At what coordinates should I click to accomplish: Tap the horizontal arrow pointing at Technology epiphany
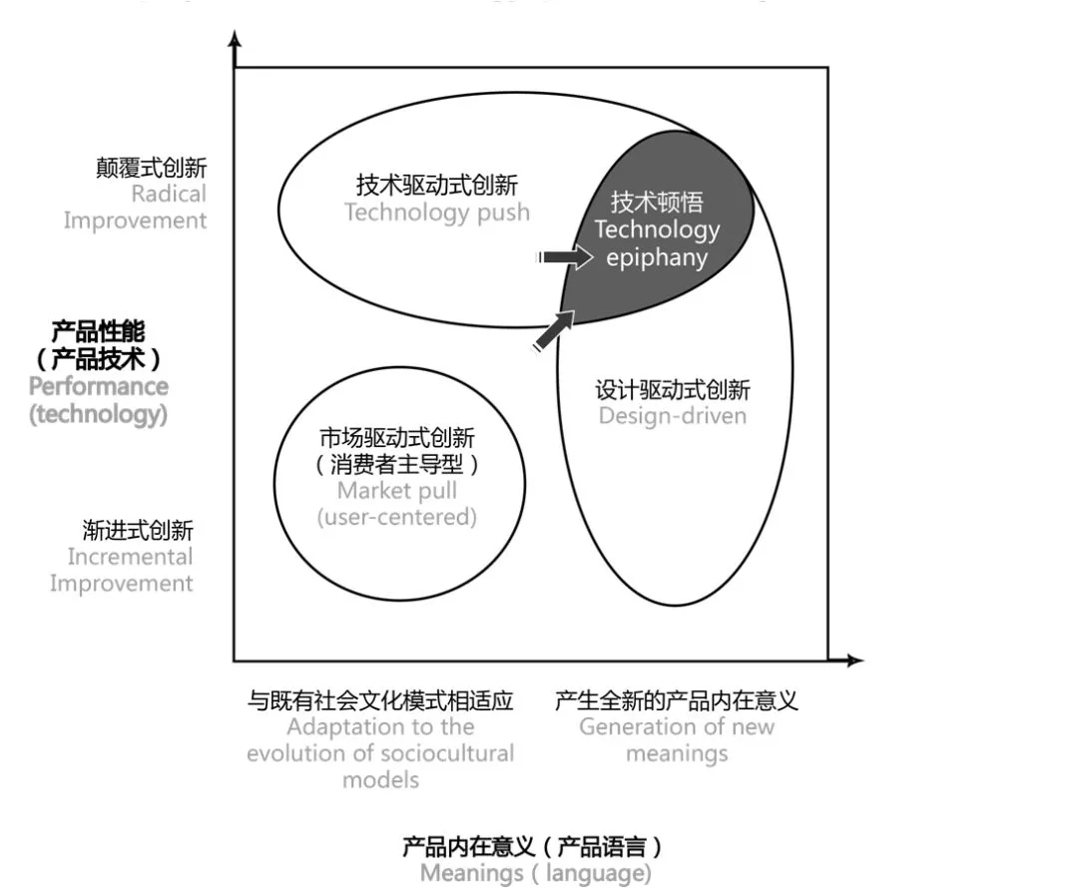pos(565,257)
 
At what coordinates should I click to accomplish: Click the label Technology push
pos(437,213)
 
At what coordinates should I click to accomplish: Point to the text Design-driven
pos(672,415)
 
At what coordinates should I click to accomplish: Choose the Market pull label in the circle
pos(397,490)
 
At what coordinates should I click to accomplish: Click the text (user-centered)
pos(397,517)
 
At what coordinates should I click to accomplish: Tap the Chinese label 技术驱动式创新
pos(437,186)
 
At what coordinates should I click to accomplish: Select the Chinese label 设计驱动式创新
pos(672,389)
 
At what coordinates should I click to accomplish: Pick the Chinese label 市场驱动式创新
pos(397,438)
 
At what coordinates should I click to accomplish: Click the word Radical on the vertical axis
pos(169,194)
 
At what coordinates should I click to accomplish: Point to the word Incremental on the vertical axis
pos(130,557)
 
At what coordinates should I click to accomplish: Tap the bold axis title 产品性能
pos(98,331)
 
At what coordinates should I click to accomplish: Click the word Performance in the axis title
pos(98,386)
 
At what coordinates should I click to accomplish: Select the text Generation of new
pos(677,726)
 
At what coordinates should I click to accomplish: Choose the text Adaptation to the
pos(380,726)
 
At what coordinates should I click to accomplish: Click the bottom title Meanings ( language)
pos(535,874)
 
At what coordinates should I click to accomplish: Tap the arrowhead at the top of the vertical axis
pos(236,40)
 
